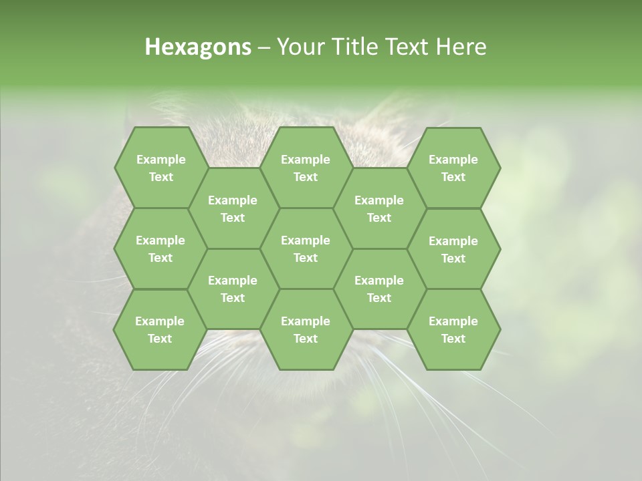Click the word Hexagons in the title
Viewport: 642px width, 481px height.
click(198, 47)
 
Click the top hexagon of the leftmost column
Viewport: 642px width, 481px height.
click(160, 168)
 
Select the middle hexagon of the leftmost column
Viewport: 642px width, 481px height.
click(160, 249)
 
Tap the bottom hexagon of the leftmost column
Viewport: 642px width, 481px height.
click(160, 329)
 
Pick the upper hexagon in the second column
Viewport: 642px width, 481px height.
click(233, 208)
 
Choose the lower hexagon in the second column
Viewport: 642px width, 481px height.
click(233, 289)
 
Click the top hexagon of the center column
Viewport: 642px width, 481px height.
click(306, 168)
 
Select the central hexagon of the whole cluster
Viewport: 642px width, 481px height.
click(306, 249)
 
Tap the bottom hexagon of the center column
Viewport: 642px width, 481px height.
click(306, 329)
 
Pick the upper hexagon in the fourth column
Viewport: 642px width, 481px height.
click(379, 208)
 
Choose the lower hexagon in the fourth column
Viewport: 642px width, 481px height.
click(379, 289)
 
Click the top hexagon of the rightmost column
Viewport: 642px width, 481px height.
click(453, 168)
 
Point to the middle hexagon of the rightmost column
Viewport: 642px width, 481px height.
click(453, 249)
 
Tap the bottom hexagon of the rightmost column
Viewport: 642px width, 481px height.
click(453, 329)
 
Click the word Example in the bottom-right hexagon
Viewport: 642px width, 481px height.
click(453, 321)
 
